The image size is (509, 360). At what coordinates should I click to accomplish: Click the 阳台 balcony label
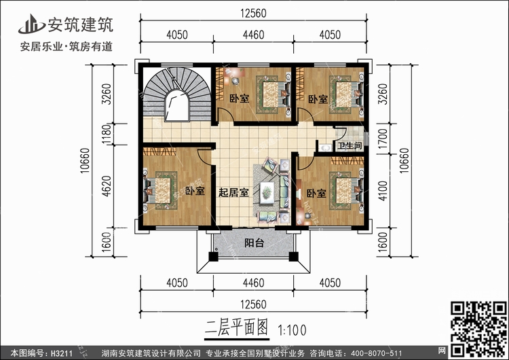click(x=254, y=243)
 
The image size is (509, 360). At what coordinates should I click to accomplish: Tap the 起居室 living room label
click(x=233, y=192)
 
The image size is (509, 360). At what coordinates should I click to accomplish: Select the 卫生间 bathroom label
click(x=350, y=145)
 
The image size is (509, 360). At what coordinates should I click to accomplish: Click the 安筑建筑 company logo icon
click(x=31, y=25)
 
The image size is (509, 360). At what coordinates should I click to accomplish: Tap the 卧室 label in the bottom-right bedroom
click(x=316, y=194)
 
